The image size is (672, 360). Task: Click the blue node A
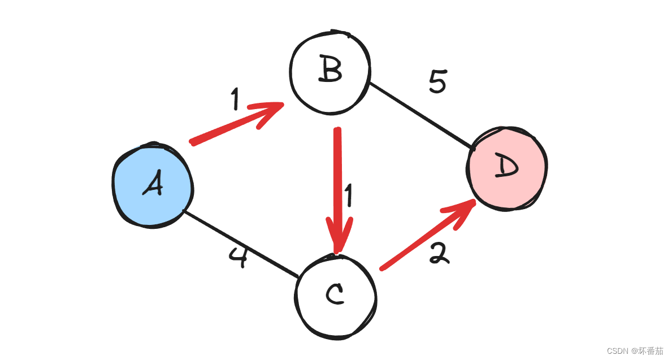click(152, 185)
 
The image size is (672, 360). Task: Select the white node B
click(330, 72)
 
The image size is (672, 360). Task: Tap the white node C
click(336, 294)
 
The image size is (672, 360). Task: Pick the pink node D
click(507, 168)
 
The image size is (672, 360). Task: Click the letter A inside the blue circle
click(153, 184)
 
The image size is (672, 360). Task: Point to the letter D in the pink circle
click(506, 167)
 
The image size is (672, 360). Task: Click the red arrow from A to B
click(232, 126)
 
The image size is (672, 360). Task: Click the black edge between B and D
click(421, 116)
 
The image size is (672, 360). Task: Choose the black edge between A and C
click(240, 244)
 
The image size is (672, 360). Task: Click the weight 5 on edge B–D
click(437, 83)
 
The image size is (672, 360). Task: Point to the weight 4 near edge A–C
click(239, 257)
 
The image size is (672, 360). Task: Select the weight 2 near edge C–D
click(439, 254)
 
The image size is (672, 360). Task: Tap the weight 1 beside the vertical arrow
click(349, 196)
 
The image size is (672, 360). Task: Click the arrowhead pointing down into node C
click(338, 237)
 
